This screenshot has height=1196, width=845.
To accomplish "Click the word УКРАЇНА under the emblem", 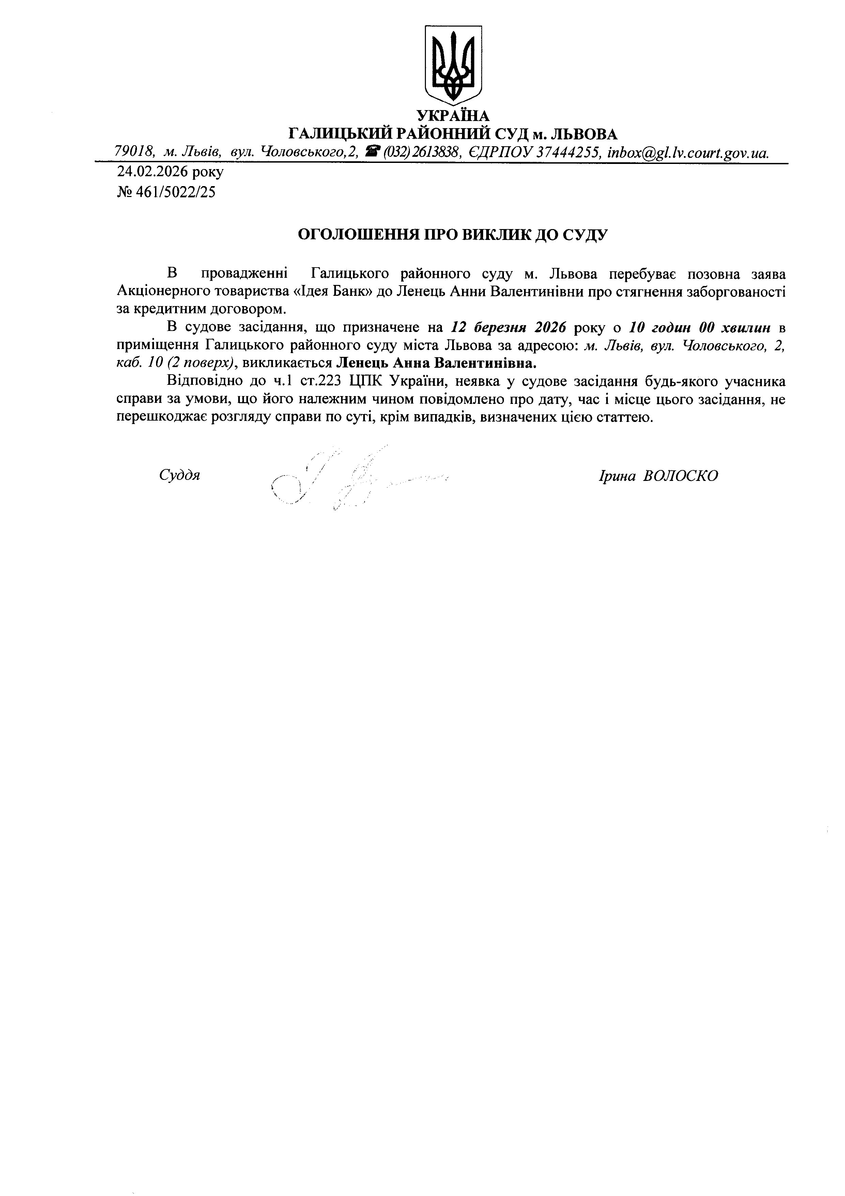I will [453, 115].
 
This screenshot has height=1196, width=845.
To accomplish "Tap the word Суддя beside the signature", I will [180, 475].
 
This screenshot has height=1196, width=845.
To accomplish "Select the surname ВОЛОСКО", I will [680, 475].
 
